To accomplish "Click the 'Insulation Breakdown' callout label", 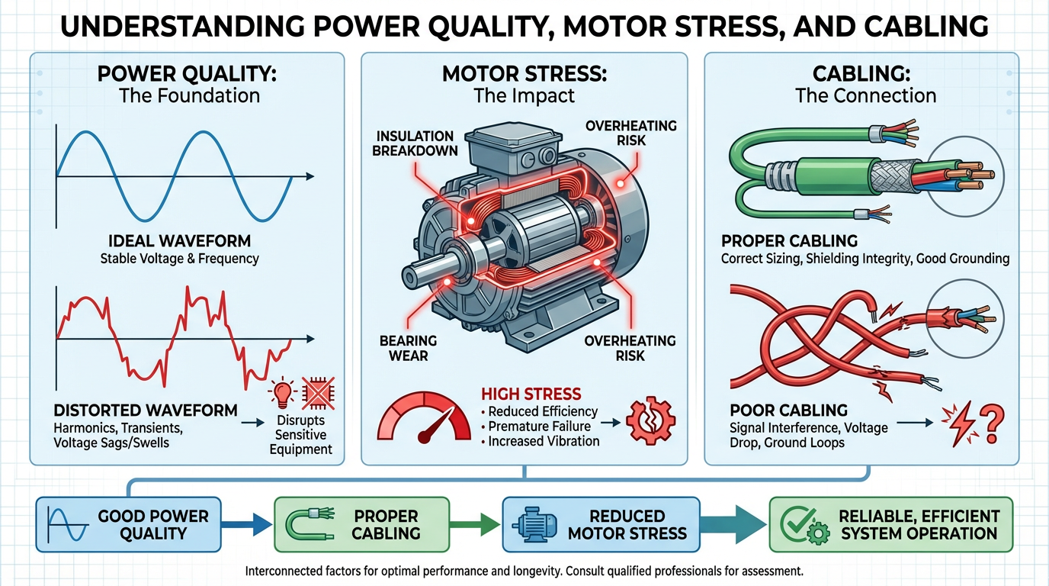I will tap(415, 143).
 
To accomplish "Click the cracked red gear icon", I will tap(645, 420).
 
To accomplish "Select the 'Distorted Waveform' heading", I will tap(146, 409).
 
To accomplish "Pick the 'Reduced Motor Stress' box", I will tap(601, 524).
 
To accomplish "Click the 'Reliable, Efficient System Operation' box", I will tap(890, 524).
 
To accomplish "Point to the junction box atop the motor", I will tap(503, 151).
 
